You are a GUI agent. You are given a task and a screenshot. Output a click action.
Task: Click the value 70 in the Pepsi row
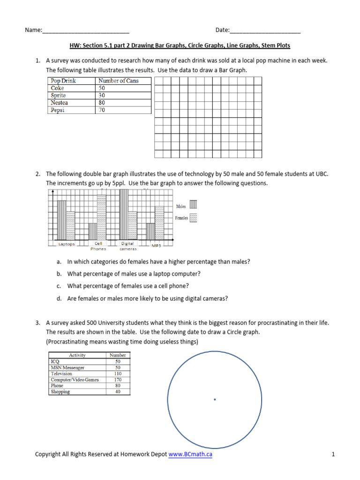tap(102, 110)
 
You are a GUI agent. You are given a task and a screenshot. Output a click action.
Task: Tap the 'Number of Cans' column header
tap(119, 81)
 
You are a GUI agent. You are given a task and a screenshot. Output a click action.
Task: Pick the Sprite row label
tap(59, 95)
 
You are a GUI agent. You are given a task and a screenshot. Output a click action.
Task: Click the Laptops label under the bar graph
tap(67, 244)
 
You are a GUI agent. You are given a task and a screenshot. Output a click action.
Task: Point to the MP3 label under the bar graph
tap(156, 245)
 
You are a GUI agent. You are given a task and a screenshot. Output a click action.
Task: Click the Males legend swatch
tap(193, 205)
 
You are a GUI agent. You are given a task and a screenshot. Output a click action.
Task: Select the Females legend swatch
tap(193, 217)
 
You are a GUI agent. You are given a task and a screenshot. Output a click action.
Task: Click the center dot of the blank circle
tap(215, 399)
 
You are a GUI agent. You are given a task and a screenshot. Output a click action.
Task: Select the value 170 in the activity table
tap(118, 380)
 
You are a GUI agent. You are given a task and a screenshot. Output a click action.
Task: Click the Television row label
tap(61, 374)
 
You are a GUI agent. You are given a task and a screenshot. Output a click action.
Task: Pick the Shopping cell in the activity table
tap(60, 391)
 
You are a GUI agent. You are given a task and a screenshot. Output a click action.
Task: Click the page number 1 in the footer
tap(332, 454)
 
